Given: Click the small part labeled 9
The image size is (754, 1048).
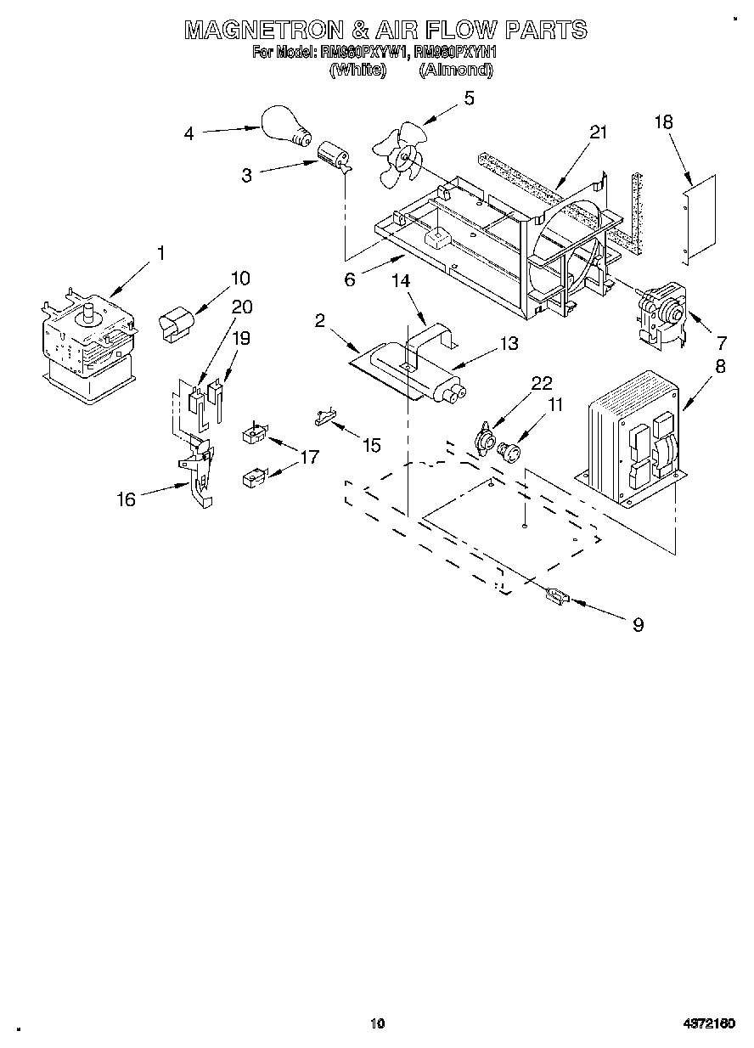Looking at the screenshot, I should pyautogui.click(x=556, y=598).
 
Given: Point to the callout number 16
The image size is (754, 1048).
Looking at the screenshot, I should pyautogui.click(x=126, y=499).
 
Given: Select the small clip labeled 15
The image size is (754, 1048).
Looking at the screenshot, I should pyautogui.click(x=324, y=416).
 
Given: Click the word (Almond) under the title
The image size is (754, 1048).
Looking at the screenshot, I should pyautogui.click(x=455, y=70).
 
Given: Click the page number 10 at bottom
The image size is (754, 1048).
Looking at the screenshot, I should pyautogui.click(x=377, y=1023).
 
